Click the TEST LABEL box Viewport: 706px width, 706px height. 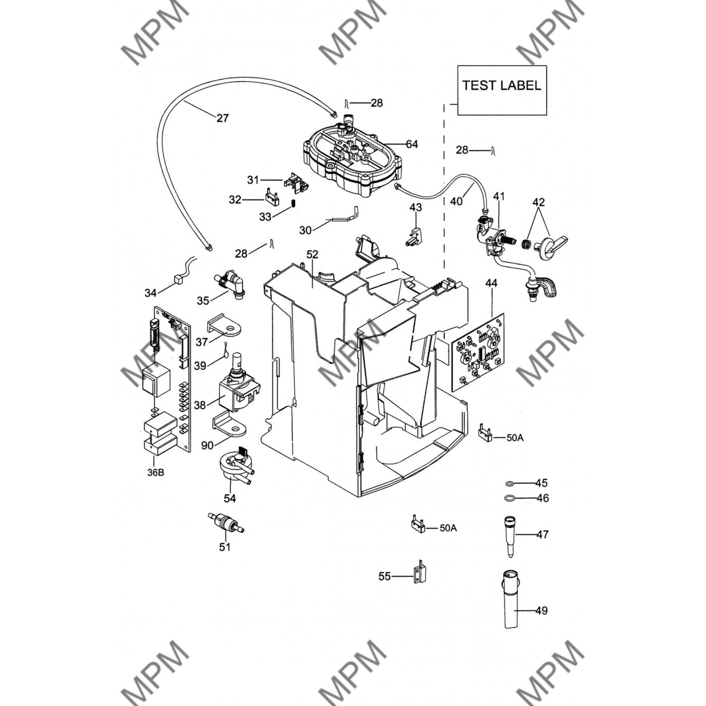click(x=502, y=90)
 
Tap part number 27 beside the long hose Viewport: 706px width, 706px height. click(x=222, y=118)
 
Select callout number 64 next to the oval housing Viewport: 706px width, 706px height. click(x=412, y=144)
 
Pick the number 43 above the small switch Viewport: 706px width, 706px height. click(x=416, y=208)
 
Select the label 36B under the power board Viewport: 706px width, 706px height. click(x=156, y=473)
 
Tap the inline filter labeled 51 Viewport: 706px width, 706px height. click(x=226, y=522)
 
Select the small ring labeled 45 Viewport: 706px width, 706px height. click(x=509, y=484)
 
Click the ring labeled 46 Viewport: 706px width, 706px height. click(x=509, y=498)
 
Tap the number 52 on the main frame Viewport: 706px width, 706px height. click(x=312, y=255)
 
